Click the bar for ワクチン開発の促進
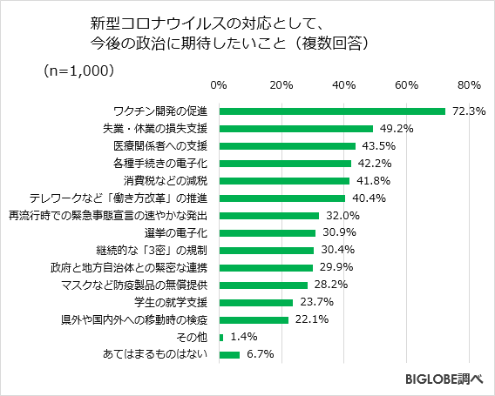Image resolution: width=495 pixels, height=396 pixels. pyautogui.click(x=332, y=111)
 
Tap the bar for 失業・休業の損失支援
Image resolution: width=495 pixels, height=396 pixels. pyautogui.click(x=296, y=129)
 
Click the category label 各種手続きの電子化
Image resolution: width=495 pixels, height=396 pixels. pyautogui.click(x=160, y=164)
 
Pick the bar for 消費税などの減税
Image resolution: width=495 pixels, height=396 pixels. pyautogui.click(x=284, y=181)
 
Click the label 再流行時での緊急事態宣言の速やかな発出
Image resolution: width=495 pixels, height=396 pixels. pyautogui.click(x=107, y=216)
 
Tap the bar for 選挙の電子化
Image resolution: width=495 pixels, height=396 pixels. pyautogui.click(x=268, y=233)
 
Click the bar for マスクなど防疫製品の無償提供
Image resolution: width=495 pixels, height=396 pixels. pyautogui.click(x=263, y=285)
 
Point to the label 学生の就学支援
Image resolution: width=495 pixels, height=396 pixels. pyautogui.click(x=172, y=302)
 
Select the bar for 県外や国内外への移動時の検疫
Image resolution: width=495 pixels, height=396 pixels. pyautogui.click(x=254, y=319)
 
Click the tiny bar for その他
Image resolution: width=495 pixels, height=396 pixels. pyautogui.click(x=221, y=337)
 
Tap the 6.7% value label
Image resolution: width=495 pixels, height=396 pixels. pyautogui.click(x=261, y=354)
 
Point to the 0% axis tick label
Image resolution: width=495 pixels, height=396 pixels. pyautogui.click(x=219, y=85)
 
